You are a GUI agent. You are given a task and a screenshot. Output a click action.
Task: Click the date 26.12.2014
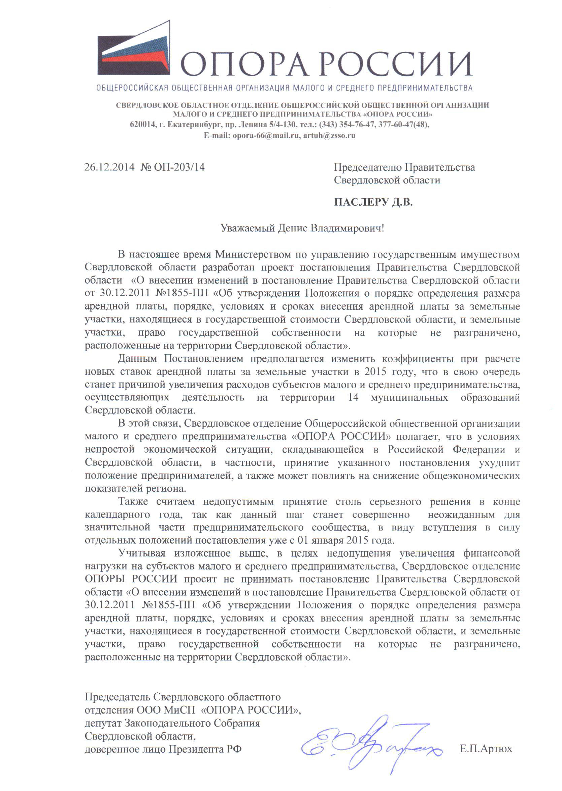(x=109, y=167)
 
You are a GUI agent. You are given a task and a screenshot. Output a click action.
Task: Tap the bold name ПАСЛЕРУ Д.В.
(x=373, y=202)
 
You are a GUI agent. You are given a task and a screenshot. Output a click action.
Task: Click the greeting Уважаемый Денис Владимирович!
(x=302, y=228)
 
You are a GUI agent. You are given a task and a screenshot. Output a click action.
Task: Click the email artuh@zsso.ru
(x=329, y=136)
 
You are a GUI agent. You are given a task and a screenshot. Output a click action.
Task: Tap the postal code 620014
(x=142, y=125)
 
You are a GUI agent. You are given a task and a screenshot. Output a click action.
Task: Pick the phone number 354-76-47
(x=358, y=125)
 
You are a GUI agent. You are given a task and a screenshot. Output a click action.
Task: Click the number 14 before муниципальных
(x=353, y=397)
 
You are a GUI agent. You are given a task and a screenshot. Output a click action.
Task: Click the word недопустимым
(x=238, y=501)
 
